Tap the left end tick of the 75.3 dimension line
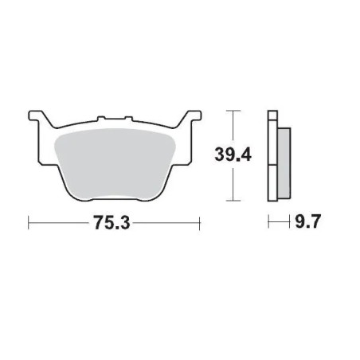28,225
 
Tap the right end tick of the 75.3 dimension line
199,225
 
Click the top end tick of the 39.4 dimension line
232,109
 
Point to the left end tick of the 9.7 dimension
268,225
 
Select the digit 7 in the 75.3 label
100,225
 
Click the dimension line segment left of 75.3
60,225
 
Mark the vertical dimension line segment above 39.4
232,127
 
